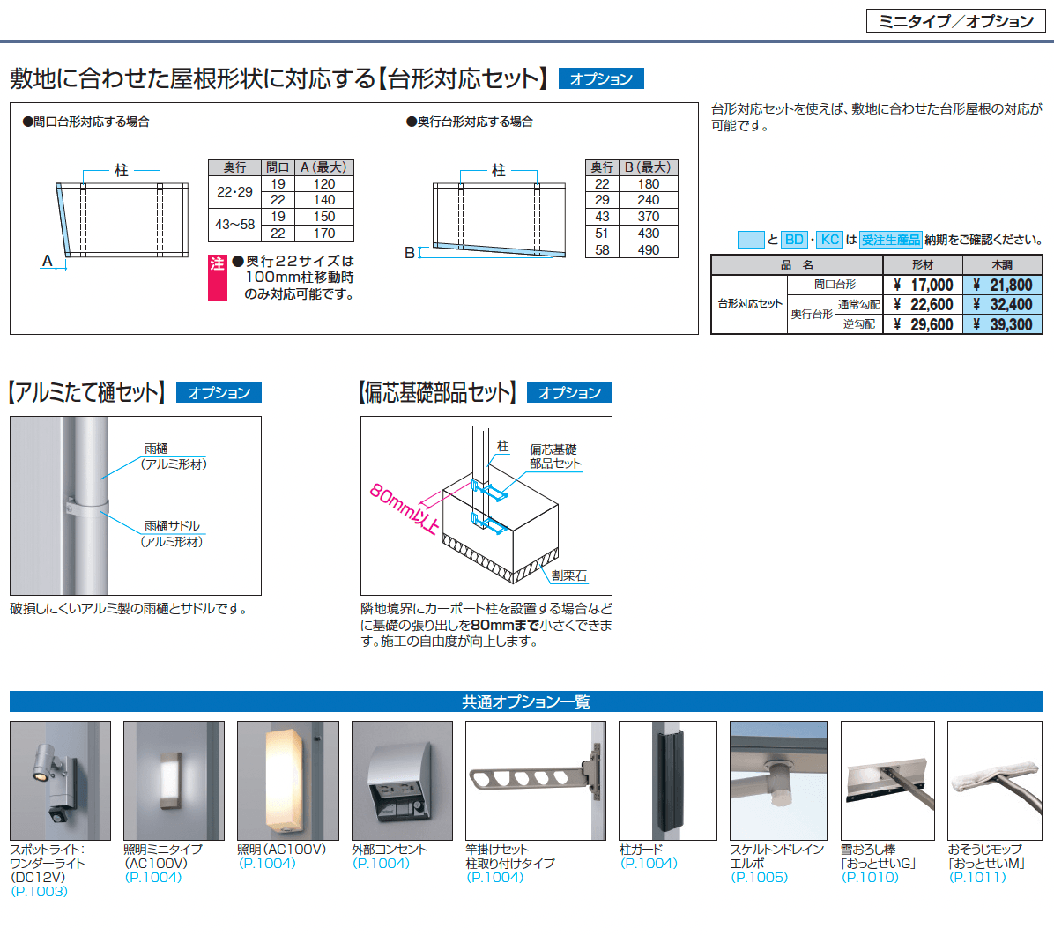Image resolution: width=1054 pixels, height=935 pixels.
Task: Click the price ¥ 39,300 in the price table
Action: pyautogui.click(x=1002, y=324)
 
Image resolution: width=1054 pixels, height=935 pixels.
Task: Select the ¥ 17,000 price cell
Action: pyautogui.click(x=923, y=285)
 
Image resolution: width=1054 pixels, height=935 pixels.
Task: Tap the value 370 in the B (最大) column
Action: pyautogui.click(x=648, y=217)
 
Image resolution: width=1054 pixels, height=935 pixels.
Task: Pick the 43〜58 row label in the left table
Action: pyautogui.click(x=234, y=225)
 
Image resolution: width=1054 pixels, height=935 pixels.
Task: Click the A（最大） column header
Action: pyautogui.click(x=323, y=167)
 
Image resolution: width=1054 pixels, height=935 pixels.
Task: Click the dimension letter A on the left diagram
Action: pyautogui.click(x=47, y=261)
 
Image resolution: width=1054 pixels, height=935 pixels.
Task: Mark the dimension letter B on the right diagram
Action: pyautogui.click(x=410, y=253)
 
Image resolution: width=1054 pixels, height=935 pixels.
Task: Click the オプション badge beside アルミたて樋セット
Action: pyautogui.click(x=219, y=392)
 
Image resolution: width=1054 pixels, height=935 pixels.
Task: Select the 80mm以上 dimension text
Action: pyautogui.click(x=405, y=508)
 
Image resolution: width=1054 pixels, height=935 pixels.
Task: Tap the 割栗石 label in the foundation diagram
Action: pyautogui.click(x=568, y=575)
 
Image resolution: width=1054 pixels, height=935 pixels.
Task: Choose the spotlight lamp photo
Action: pyautogui.click(x=60, y=781)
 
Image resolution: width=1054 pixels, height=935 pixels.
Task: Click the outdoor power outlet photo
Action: pyautogui.click(x=402, y=781)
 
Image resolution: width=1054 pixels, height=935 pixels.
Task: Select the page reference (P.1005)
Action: pyautogui.click(x=759, y=877)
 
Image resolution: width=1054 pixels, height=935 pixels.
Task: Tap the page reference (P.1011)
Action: pyautogui.click(x=976, y=877)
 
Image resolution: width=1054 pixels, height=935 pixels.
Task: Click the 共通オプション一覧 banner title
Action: pyautogui.click(x=525, y=701)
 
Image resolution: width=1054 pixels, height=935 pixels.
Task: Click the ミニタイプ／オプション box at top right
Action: pyautogui.click(x=955, y=21)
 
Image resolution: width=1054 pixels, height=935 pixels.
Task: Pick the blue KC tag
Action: pyautogui.click(x=830, y=240)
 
